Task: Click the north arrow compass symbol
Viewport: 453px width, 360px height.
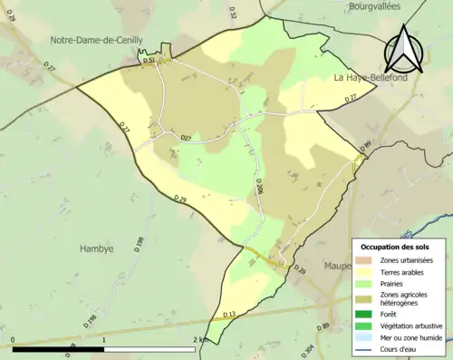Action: (401, 50)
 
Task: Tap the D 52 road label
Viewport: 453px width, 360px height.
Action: (233, 13)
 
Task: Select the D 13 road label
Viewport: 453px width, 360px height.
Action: (228, 314)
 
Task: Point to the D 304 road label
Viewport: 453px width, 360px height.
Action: (309, 350)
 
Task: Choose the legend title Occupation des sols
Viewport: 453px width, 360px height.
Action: (395, 247)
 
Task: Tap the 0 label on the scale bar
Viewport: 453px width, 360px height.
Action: (14, 340)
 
